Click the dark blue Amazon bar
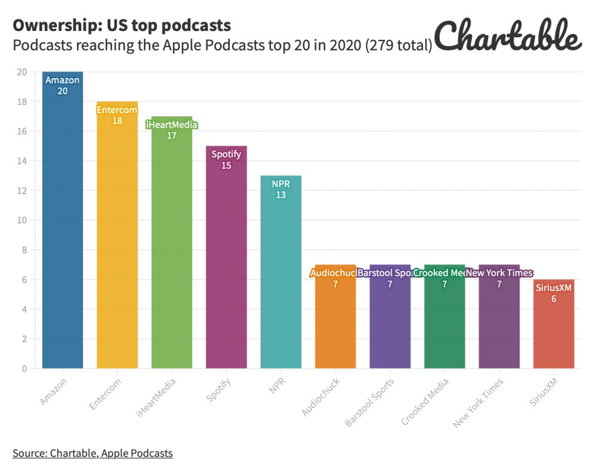(63, 227)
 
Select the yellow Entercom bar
(117, 238)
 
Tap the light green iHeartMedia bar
(172, 250)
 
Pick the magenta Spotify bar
(226, 262)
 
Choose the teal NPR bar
(281, 274)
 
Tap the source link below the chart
(92, 453)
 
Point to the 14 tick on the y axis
(22, 161)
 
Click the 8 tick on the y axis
(24, 250)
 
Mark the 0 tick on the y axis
(24, 368)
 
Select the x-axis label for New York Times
(477, 403)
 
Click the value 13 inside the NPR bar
(280, 195)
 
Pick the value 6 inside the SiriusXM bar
(554, 299)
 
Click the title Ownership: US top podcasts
(122, 26)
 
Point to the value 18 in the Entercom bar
(117, 120)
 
